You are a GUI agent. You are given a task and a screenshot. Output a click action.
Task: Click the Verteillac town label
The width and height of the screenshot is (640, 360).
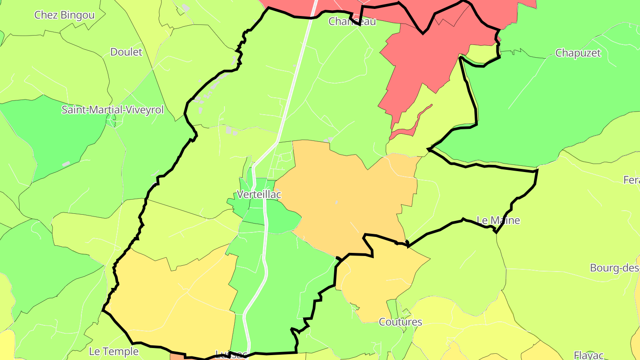(259, 195)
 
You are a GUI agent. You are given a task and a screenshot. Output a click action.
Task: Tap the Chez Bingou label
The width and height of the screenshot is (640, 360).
(64, 15)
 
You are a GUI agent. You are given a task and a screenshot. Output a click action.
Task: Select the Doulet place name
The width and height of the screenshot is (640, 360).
(126, 52)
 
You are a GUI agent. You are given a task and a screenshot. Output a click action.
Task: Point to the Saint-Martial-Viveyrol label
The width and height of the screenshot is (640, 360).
(112, 110)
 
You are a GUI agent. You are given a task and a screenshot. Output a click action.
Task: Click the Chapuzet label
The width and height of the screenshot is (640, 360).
(578, 53)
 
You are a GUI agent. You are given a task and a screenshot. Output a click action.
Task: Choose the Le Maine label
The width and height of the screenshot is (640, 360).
(498, 220)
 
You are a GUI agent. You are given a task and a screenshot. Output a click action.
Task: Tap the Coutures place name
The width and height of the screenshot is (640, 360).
(400, 322)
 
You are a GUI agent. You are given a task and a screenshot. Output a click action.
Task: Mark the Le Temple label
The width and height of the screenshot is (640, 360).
(114, 352)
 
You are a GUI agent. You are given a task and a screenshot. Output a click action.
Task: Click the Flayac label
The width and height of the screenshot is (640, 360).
(588, 355)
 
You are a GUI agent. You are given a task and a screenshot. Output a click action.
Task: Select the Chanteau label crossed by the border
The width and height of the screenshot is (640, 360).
(352, 21)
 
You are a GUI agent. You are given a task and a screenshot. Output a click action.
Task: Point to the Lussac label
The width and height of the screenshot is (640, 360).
(231, 355)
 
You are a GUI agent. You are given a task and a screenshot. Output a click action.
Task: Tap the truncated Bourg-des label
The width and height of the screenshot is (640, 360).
(615, 268)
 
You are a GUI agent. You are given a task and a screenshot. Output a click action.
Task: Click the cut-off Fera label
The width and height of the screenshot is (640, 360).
(631, 180)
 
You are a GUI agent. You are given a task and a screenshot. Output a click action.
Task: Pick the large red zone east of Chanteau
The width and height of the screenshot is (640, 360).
(427, 58)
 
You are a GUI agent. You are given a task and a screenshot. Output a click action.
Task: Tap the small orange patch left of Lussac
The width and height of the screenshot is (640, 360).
(177, 356)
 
